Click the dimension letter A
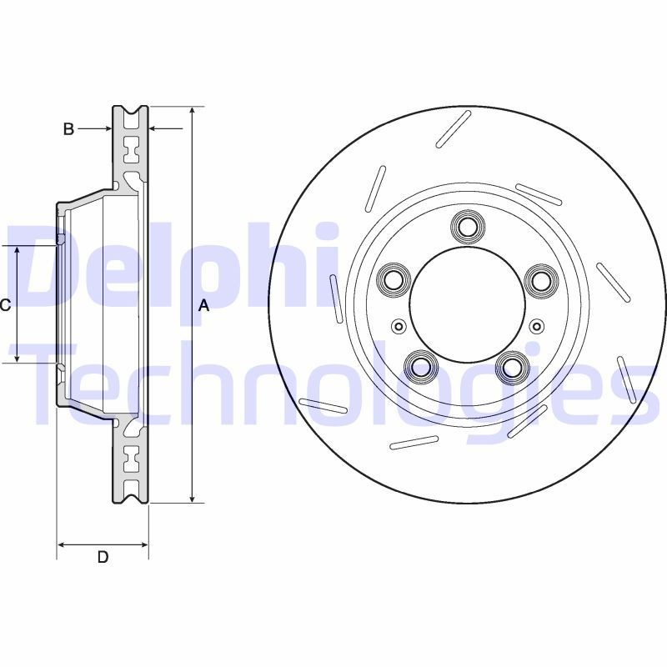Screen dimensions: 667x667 coord(203,306)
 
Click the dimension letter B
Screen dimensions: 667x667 coord(69,128)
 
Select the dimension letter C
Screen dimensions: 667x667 coord(5,305)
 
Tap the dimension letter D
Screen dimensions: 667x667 coord(103,557)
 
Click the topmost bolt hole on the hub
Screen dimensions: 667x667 coord(467,226)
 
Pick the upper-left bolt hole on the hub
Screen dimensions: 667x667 coord(392,278)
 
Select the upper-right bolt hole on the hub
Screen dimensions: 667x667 coord(541,278)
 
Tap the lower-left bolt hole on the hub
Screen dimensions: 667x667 coord(421,365)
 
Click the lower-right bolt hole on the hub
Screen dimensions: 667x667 coord(512,365)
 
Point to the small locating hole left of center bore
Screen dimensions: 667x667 coord(398,326)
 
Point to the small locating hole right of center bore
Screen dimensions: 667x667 coord(536,326)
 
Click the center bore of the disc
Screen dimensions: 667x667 coord(467,304)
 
